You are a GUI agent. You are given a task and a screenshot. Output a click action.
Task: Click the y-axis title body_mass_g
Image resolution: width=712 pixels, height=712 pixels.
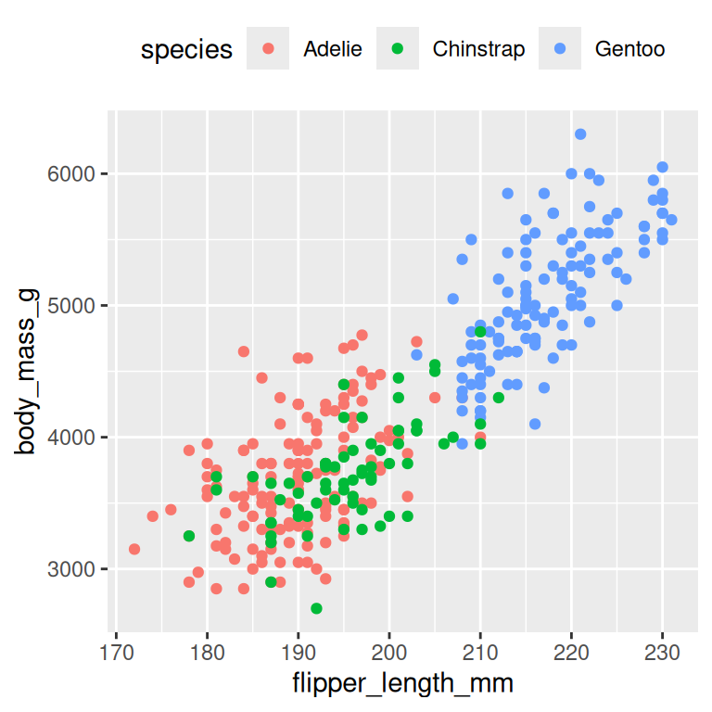(x=27, y=372)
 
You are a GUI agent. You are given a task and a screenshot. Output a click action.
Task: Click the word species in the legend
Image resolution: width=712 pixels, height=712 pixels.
(x=186, y=49)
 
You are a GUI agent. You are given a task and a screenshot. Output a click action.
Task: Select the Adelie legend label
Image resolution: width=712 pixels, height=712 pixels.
(x=333, y=49)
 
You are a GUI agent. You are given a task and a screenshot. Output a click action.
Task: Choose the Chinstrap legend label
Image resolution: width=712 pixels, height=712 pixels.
(x=478, y=49)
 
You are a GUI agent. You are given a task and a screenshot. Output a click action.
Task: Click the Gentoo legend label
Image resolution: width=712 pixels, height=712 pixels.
(x=629, y=49)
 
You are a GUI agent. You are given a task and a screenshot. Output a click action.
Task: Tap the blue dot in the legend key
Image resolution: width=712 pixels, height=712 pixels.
(x=561, y=49)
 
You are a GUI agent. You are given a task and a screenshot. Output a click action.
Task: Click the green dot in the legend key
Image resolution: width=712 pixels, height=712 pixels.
(x=399, y=49)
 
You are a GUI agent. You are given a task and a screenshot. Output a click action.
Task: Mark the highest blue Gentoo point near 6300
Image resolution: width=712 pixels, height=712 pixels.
(x=580, y=134)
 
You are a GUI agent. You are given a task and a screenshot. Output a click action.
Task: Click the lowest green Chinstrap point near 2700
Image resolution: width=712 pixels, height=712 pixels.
(x=316, y=608)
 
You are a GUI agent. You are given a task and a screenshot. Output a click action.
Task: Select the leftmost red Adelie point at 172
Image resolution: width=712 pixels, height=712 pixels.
(x=134, y=549)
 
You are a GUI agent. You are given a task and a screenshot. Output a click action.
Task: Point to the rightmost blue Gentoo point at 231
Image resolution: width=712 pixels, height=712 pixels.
(x=671, y=220)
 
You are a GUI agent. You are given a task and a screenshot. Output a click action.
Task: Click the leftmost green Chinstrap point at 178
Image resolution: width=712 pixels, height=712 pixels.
(x=189, y=536)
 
